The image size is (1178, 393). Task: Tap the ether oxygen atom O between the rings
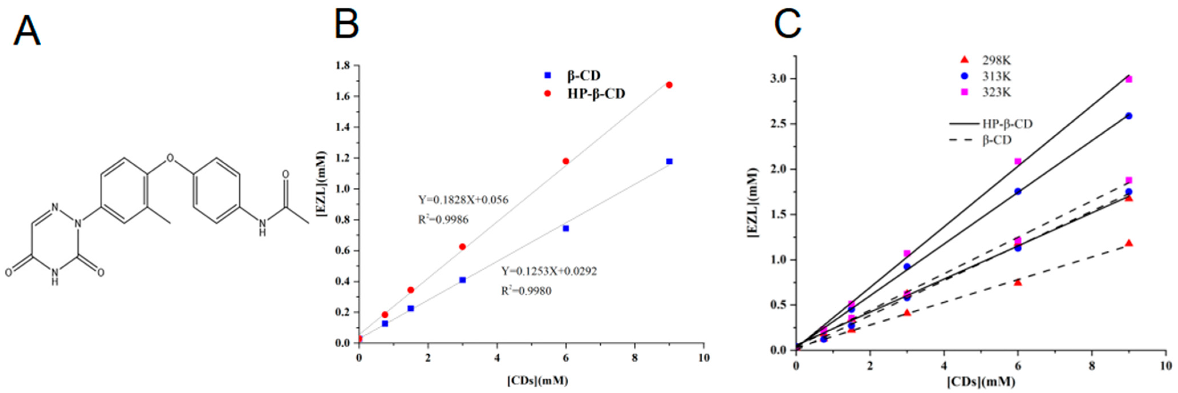[x=171, y=158]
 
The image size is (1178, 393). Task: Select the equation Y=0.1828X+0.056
[x=463, y=200]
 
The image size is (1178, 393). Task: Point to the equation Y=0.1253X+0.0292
[x=549, y=271]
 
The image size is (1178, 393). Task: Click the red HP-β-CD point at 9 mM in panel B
[x=669, y=85]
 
